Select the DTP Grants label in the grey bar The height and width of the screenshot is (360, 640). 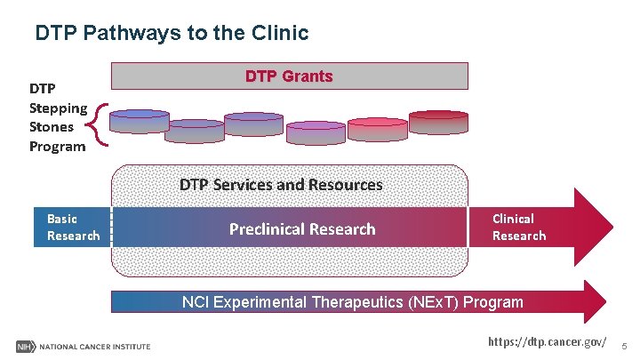(x=289, y=76)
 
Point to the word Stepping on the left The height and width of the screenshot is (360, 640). (x=58, y=108)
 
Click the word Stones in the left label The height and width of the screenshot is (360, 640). (x=51, y=127)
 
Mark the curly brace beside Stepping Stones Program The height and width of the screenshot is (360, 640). (x=100, y=124)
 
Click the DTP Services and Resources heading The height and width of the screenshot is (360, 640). (x=281, y=185)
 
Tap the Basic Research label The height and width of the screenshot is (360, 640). (x=73, y=227)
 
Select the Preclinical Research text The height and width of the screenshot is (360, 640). (x=302, y=229)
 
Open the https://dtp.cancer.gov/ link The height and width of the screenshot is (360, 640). (x=548, y=341)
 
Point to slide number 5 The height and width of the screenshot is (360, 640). (x=624, y=344)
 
